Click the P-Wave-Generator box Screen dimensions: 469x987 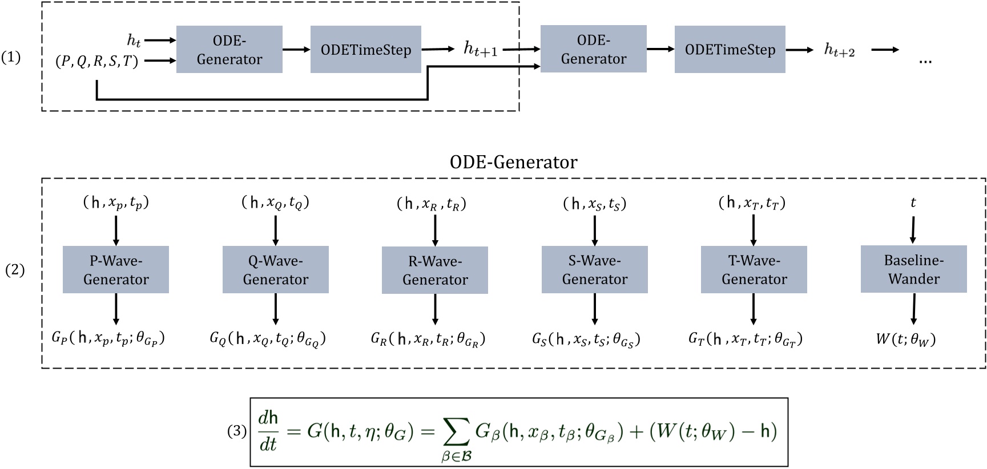click(x=115, y=270)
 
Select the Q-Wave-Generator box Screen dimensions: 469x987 click(x=275, y=270)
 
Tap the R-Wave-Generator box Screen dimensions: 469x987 click(x=434, y=270)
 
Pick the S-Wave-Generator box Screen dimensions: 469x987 click(x=594, y=270)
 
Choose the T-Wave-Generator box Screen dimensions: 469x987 click(x=754, y=270)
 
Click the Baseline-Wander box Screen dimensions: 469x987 click(x=913, y=269)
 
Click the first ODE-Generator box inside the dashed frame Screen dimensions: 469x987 click(x=229, y=50)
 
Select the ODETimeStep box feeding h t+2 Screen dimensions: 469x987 click(x=730, y=50)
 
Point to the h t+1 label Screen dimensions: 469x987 click(x=480, y=50)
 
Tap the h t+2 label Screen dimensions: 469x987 click(x=839, y=50)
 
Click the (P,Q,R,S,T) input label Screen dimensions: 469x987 click(x=97, y=61)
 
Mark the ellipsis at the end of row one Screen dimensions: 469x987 click(x=925, y=61)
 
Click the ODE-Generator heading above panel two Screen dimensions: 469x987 click(x=513, y=162)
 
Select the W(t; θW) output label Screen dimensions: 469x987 click(x=905, y=339)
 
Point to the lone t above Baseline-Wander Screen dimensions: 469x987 click(x=913, y=203)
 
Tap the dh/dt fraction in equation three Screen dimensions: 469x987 click(x=268, y=432)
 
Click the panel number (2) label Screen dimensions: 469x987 click(x=15, y=269)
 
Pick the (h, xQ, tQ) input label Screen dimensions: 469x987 click(x=275, y=203)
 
